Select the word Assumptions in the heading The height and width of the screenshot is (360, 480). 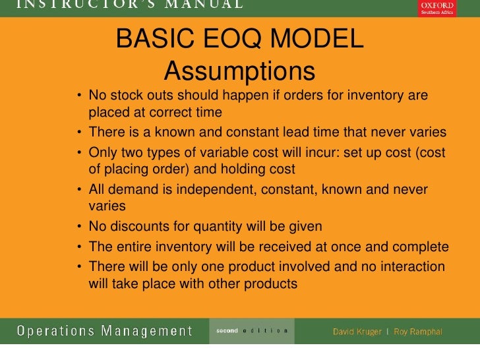click(239, 71)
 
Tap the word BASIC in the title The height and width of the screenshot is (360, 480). click(151, 39)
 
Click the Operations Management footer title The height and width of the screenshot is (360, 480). click(105, 330)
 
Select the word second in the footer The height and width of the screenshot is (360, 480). click(227, 330)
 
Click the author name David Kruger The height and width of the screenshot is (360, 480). click(357, 331)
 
